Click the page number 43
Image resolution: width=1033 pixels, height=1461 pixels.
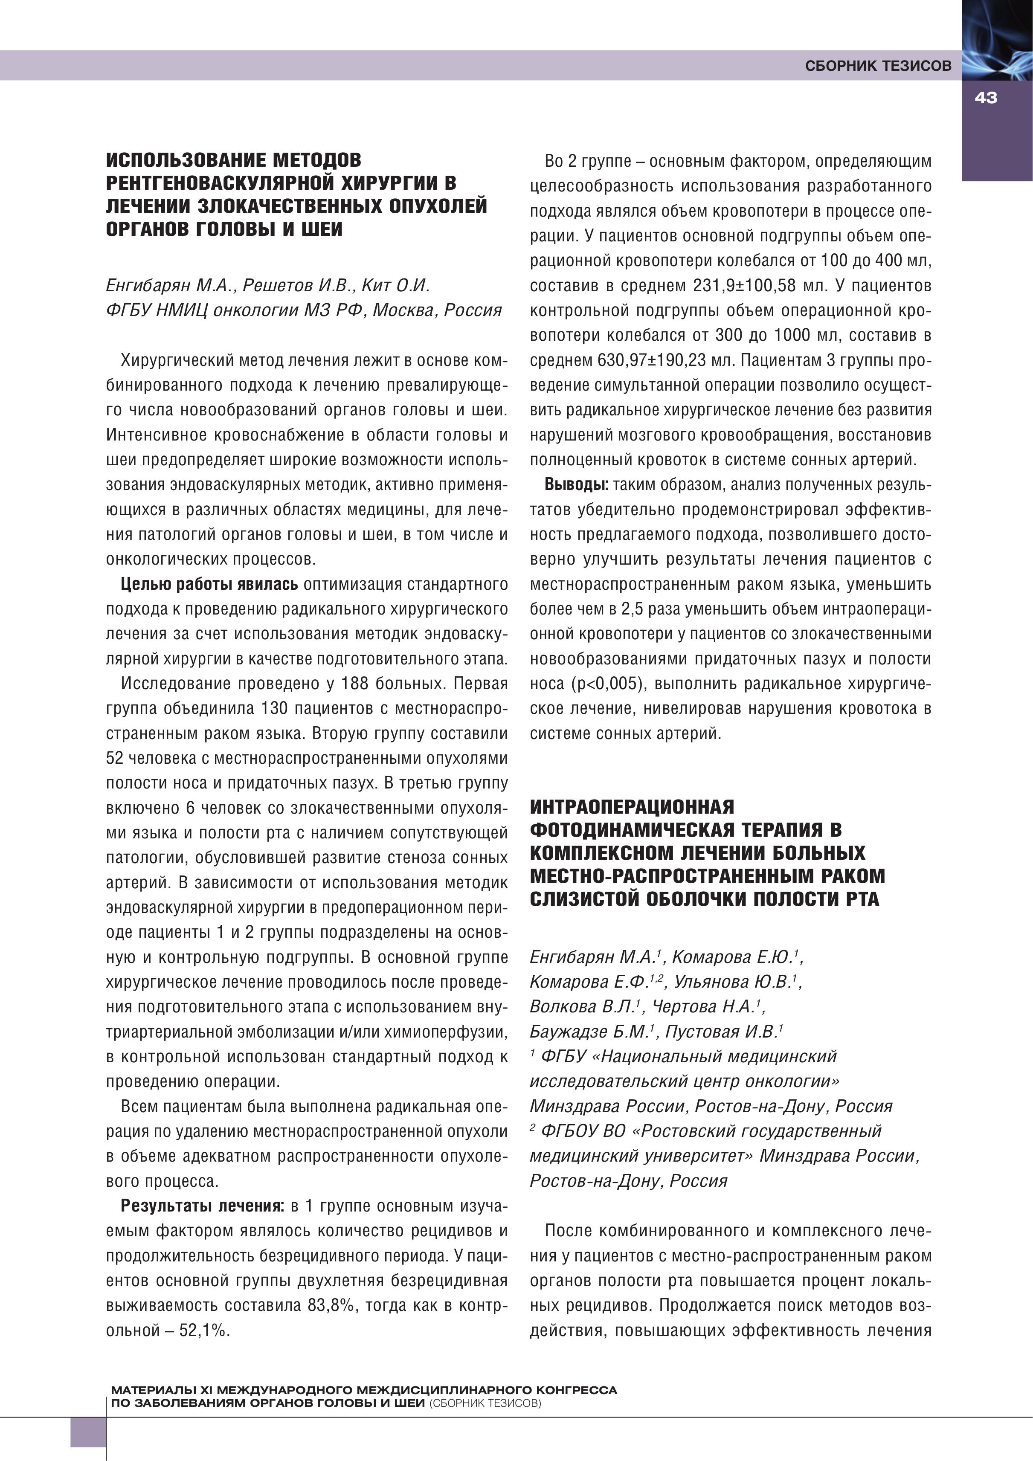point(985,98)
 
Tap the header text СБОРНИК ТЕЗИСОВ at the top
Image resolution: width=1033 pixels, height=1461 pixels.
point(878,66)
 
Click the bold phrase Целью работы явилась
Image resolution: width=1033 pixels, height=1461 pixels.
point(209,584)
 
